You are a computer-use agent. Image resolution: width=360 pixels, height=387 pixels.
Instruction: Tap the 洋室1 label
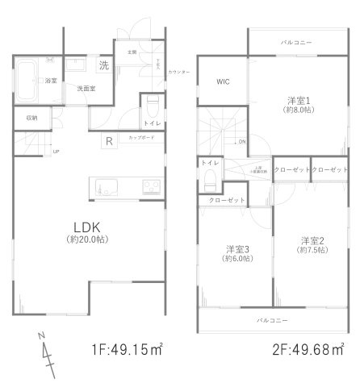pos(299,101)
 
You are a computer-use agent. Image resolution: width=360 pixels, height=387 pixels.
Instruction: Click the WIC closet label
pos(224,81)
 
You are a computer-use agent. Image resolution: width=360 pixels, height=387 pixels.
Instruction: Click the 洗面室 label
pos(86,88)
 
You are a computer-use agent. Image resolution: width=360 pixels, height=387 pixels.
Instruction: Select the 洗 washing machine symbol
pos(104,64)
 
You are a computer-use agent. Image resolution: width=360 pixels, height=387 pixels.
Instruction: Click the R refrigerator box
pos(107,143)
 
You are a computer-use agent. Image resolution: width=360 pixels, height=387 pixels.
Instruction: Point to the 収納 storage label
pos(32,118)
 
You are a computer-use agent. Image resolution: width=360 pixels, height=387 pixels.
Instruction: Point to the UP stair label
pos(56,152)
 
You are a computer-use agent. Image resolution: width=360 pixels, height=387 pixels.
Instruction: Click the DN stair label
pos(241,141)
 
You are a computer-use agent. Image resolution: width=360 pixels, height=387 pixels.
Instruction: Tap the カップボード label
pos(142,138)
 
